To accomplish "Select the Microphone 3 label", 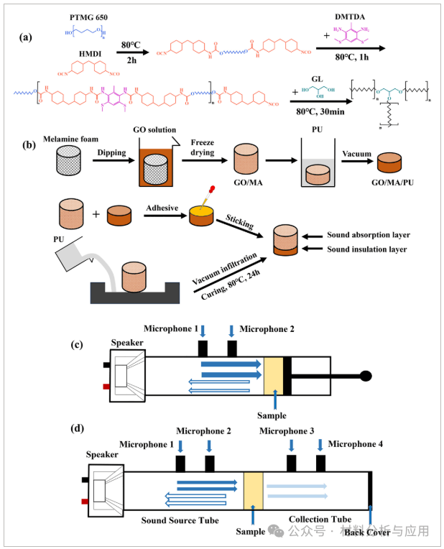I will (x=287, y=431).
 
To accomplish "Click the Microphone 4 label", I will (x=356, y=444).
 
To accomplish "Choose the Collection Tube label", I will (x=318, y=519).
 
